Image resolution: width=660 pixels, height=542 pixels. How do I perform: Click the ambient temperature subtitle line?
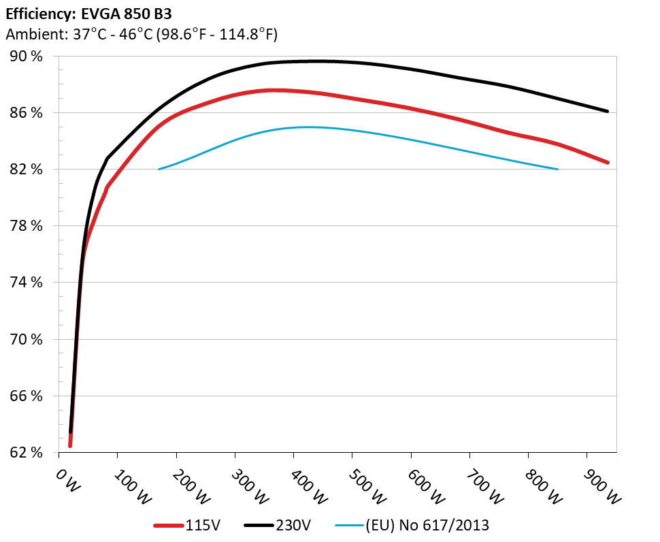pos(141,33)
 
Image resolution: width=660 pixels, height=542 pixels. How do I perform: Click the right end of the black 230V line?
pos(607,111)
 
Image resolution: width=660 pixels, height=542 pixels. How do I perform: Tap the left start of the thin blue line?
pos(159,169)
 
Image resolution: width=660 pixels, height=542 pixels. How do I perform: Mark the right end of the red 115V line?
pos(607,162)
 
